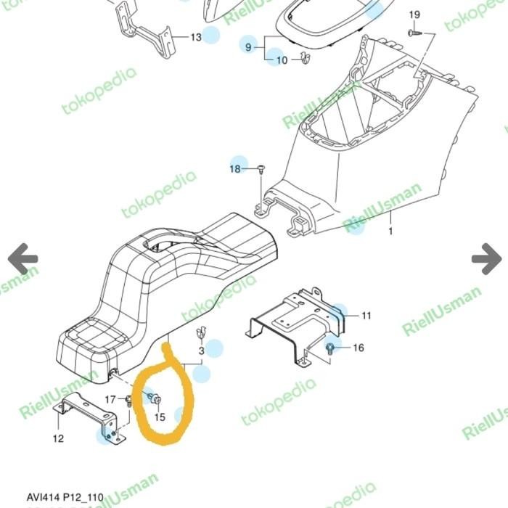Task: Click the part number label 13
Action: point(196,37)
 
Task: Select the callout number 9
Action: point(247,46)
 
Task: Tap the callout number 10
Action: point(282,60)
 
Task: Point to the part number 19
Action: point(414,15)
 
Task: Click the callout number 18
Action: point(234,169)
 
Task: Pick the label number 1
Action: point(390,232)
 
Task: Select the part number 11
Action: point(366,315)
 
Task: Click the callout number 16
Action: point(359,348)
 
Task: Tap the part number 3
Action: point(201,351)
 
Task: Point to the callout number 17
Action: point(110,399)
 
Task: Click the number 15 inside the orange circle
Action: point(160,417)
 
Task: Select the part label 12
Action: point(58,438)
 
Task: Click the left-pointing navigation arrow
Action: point(22,258)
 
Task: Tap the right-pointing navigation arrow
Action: point(486,258)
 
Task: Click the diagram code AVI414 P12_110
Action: point(65,498)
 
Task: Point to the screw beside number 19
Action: point(413,33)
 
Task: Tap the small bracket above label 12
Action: point(87,417)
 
